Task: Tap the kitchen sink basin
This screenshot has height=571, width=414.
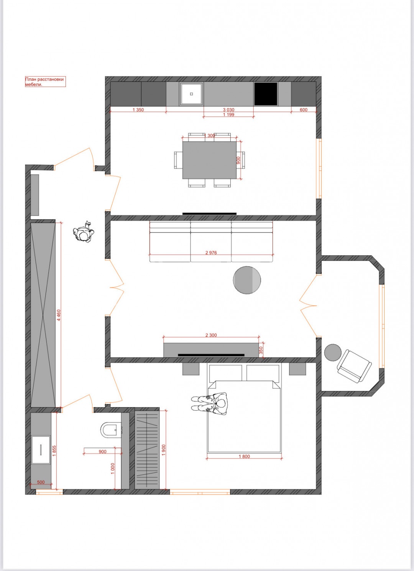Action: (191, 94)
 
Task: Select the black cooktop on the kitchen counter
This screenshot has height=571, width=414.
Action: (266, 94)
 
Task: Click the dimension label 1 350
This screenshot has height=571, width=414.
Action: (138, 110)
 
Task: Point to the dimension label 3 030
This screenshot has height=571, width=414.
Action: (228, 110)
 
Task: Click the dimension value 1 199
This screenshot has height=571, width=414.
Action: (228, 115)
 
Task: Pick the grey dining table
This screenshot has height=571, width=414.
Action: (210, 160)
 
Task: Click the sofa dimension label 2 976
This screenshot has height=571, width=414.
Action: (211, 252)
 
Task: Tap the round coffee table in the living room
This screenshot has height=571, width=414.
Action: (247, 280)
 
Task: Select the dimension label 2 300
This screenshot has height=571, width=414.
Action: (211, 335)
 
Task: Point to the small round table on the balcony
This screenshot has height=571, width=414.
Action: (333, 353)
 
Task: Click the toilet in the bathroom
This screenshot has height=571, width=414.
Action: (111, 430)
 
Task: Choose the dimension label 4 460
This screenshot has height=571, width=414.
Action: (59, 315)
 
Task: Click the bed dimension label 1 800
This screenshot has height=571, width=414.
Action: (244, 457)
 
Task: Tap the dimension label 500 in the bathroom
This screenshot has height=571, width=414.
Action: (41, 482)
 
